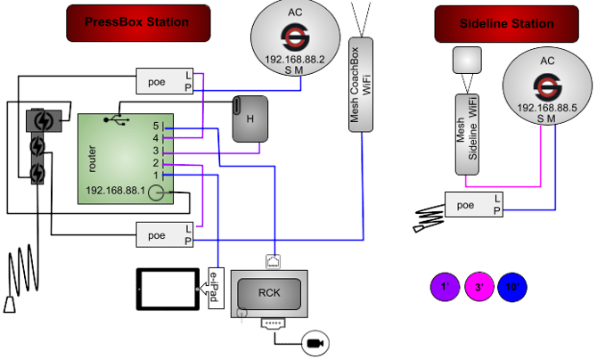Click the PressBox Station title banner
click(138, 22)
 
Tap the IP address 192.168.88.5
click(546, 107)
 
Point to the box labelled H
click(250, 118)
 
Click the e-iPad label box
click(214, 289)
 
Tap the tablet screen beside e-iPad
click(168, 289)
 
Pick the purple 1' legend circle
click(445, 288)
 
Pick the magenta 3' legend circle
click(478, 288)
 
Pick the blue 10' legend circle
click(512, 288)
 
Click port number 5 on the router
click(155, 126)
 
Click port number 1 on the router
click(155, 176)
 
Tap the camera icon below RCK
click(315, 341)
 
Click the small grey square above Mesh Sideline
click(467, 60)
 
